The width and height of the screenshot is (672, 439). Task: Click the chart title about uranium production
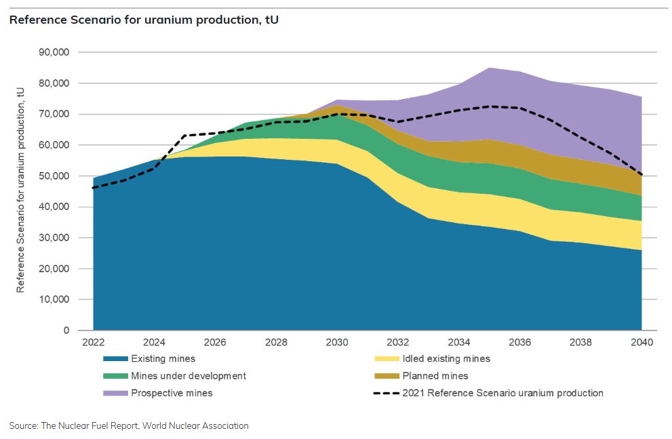click(x=144, y=20)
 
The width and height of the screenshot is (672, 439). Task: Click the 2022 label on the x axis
click(x=94, y=342)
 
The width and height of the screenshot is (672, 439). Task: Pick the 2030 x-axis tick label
click(x=337, y=342)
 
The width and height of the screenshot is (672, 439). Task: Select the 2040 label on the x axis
click(x=641, y=342)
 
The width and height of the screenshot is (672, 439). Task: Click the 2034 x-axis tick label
click(x=459, y=342)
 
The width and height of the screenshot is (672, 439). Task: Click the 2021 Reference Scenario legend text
click(x=502, y=392)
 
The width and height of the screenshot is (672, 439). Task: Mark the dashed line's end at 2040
click(x=641, y=175)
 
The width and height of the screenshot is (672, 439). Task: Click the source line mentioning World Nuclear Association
click(x=129, y=425)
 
